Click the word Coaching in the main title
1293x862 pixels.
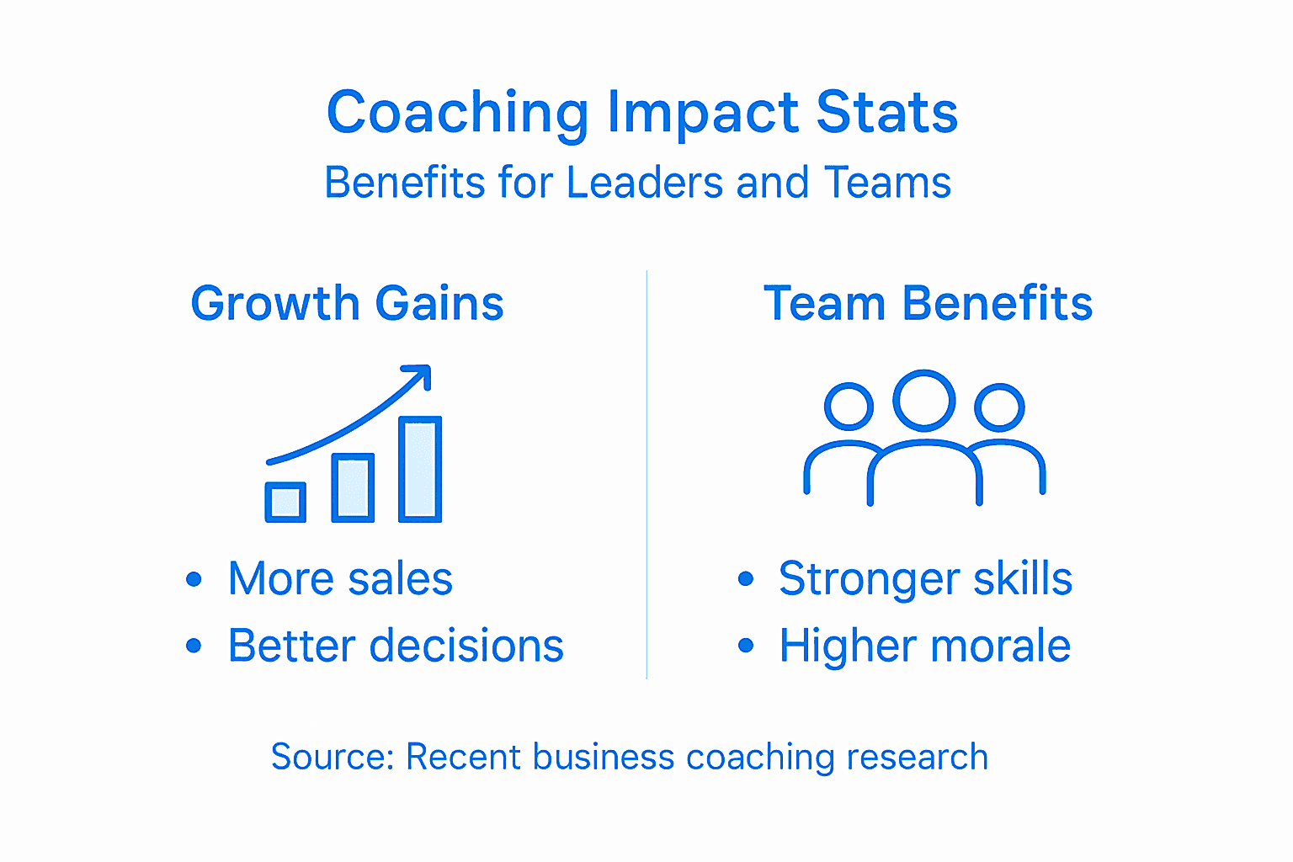[457, 114]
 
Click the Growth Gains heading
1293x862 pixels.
[347, 304]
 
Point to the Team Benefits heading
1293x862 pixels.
[928, 304]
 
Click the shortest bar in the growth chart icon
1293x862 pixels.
[285, 503]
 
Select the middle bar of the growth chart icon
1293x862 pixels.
[353, 488]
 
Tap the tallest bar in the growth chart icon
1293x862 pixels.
[420, 469]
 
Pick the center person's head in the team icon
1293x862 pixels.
[924, 401]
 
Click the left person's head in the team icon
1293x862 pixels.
[849, 407]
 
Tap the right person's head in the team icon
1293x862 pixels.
[999, 407]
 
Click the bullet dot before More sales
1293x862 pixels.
[194, 579]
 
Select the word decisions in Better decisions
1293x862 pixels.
[467, 646]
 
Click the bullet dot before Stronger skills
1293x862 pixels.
[745, 579]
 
